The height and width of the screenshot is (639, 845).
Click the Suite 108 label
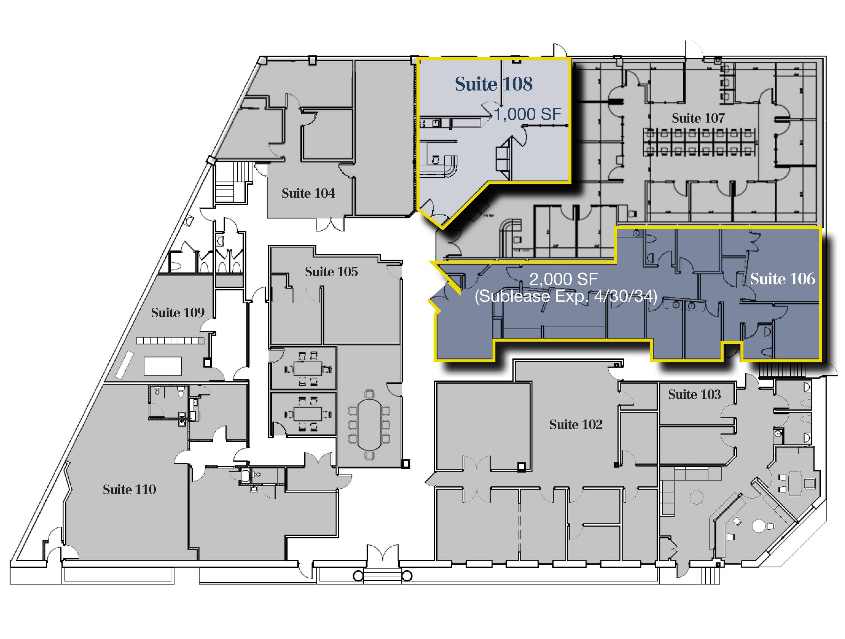[x=493, y=84]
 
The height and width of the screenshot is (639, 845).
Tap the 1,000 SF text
[x=528, y=114]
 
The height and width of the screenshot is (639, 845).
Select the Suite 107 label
[x=698, y=118]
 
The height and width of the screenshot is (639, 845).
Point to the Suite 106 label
[x=783, y=279]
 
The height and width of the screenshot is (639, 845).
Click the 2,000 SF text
[x=563, y=279]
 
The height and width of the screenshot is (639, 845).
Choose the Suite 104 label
[x=308, y=193]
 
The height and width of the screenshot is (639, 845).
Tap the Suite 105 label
[x=331, y=272]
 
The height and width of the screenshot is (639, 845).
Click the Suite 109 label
[x=178, y=313]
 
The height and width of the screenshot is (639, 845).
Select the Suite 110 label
[x=129, y=489]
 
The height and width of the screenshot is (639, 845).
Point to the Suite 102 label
[x=576, y=424]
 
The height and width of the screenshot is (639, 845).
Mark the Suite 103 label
[x=694, y=394]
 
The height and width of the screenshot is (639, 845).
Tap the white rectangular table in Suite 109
[x=163, y=366]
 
